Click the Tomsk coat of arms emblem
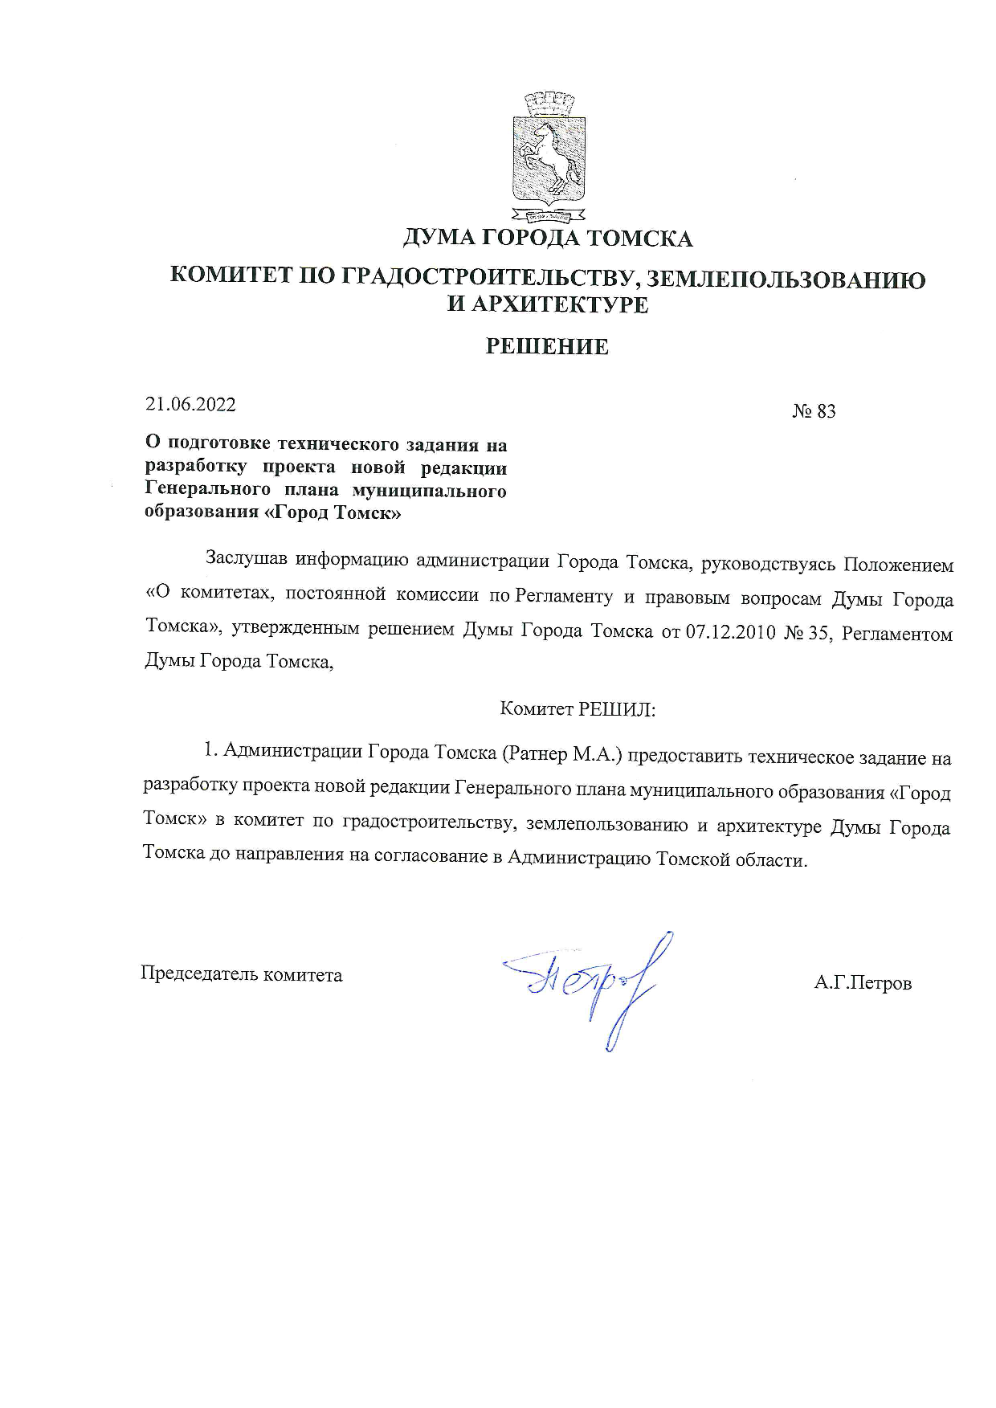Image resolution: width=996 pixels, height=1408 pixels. pos(549,157)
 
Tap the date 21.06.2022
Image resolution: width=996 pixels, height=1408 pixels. pos(190,404)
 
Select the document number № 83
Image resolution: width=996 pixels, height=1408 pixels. pos(814,411)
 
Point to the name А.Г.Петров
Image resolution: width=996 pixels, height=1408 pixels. pos(863,983)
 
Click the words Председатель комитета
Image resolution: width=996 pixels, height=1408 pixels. pos(242,975)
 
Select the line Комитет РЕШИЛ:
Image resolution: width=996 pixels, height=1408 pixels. pos(578,709)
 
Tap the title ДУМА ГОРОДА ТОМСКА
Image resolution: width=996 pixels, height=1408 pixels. pos(547,239)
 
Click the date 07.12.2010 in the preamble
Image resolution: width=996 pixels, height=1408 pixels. pos(730,632)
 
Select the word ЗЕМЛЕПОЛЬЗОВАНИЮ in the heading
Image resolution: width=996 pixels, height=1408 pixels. pos(786,280)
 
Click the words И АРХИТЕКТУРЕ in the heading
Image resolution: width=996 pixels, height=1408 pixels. pos(548,305)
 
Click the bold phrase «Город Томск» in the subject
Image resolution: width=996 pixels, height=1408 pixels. pos(337,512)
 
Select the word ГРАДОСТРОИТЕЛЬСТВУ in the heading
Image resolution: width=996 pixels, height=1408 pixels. pos(491,280)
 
